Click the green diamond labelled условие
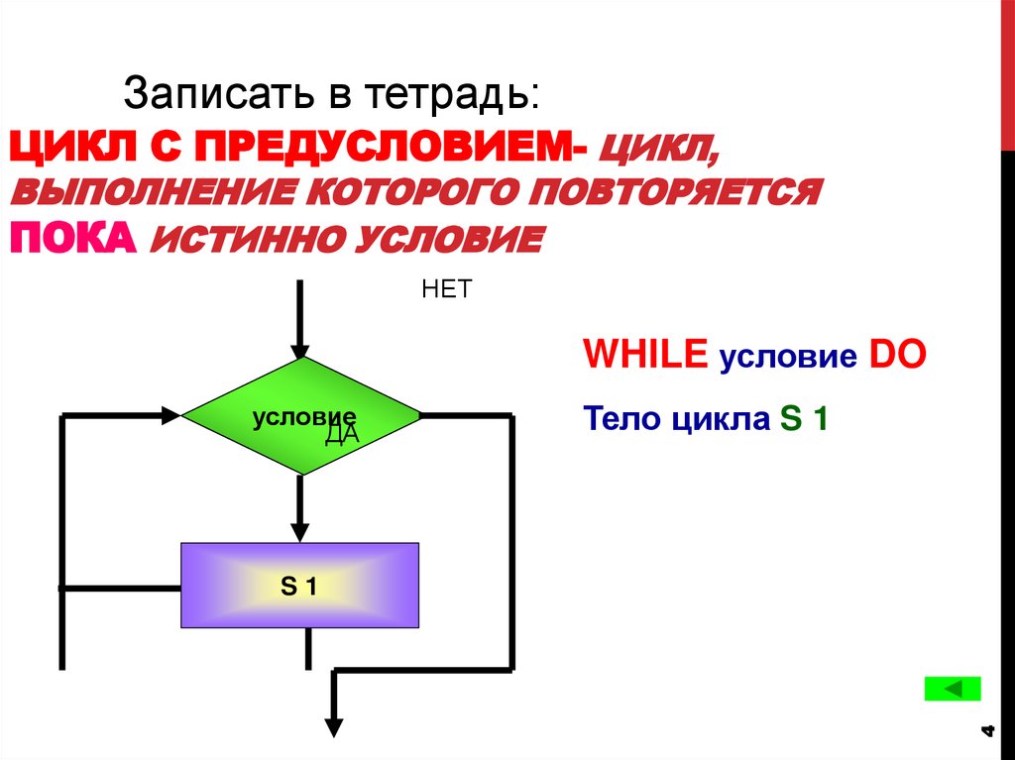[301, 415]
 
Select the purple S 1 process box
[299, 586]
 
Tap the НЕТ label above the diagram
[447, 289]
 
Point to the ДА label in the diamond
[341, 435]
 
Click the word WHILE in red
[646, 355]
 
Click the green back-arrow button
[952, 689]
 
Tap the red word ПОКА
[71, 238]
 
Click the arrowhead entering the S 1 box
[300, 532]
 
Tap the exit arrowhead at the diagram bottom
[335, 726]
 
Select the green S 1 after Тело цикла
[803, 419]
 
